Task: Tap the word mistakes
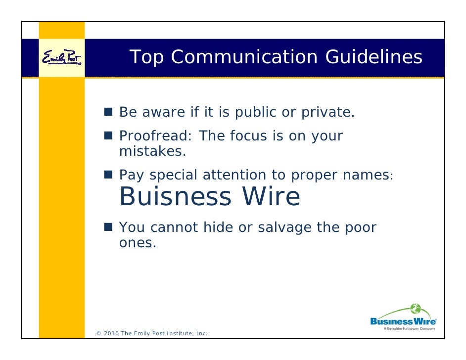152,151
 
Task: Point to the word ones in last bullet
138,243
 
